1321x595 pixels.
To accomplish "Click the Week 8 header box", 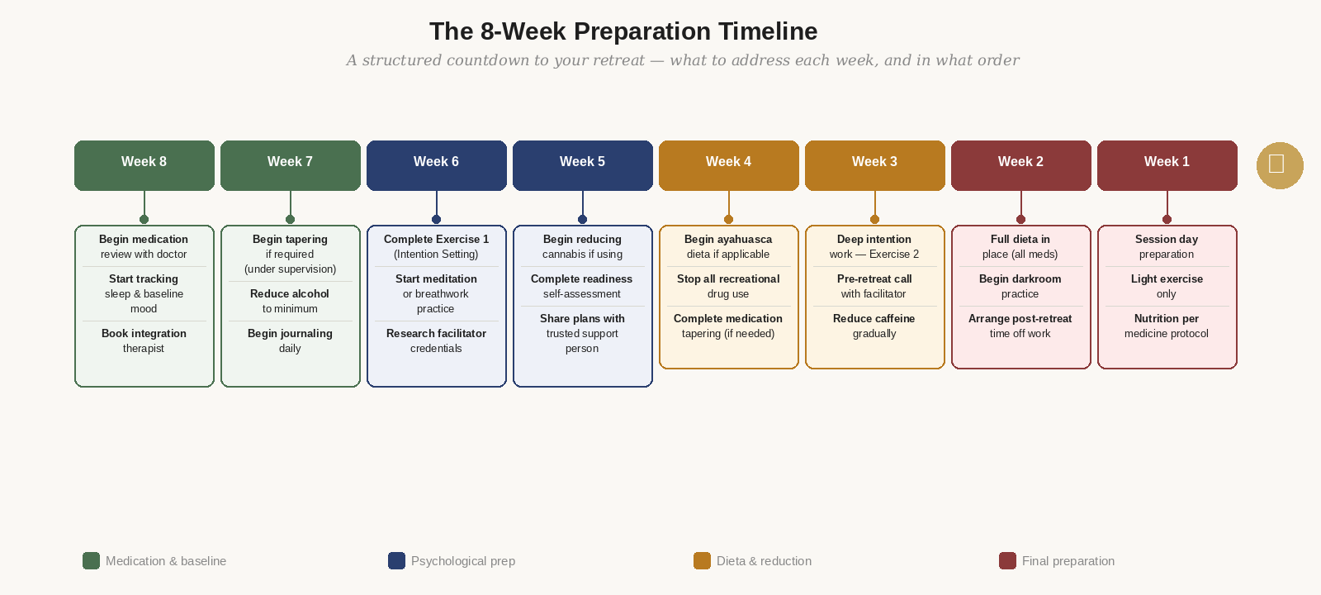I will tap(144, 165).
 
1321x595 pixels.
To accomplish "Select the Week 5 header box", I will tap(583, 165).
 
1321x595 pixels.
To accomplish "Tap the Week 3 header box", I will tap(875, 165).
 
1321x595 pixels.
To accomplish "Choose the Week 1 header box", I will tap(1167, 165).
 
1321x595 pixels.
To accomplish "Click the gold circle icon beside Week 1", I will tap(1280, 165).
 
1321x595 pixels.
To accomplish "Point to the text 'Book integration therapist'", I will tap(144, 340).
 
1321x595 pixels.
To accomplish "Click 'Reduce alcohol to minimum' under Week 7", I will tap(290, 301).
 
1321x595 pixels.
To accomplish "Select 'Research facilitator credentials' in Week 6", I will tap(436, 340).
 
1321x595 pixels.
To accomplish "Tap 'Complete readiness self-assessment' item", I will tap(582, 286).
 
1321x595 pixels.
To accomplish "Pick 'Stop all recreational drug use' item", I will tap(728, 286).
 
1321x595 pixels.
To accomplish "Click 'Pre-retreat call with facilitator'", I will tap(874, 286).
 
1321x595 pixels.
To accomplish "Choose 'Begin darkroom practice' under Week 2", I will tap(1020, 286).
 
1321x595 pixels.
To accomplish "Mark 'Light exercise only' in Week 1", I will tap(1167, 286).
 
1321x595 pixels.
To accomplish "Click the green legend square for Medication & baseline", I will tap(91, 561).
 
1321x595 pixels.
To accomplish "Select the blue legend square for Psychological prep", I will tap(396, 561).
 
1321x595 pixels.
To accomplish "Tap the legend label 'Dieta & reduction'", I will tap(764, 561).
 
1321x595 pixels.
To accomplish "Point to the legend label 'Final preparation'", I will tap(1068, 561).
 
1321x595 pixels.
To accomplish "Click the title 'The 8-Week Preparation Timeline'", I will tap(623, 31).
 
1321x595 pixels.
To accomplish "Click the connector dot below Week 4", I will tap(728, 219).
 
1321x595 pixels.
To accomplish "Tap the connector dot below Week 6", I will tap(436, 219).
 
